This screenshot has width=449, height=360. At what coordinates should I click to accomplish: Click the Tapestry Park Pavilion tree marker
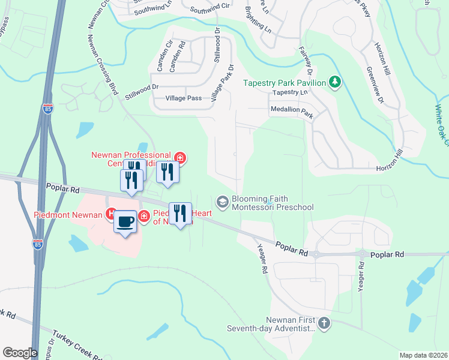[335, 82]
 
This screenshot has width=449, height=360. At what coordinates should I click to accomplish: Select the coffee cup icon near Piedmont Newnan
[125, 221]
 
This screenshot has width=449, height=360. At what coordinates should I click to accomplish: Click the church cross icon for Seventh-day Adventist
[324, 323]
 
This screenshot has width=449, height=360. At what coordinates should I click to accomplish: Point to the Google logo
[20, 353]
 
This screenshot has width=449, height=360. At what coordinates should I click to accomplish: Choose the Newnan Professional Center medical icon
[179, 158]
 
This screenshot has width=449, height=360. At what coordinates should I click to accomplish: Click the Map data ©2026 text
[423, 355]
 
